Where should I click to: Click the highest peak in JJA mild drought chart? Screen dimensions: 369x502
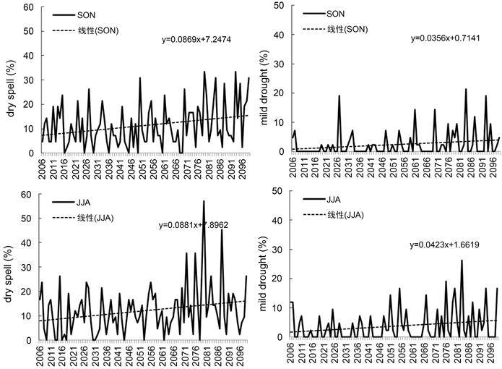click(462, 261)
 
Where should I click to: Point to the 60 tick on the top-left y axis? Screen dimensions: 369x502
click(30, 7)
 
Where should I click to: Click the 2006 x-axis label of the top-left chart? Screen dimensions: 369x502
click(43, 167)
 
